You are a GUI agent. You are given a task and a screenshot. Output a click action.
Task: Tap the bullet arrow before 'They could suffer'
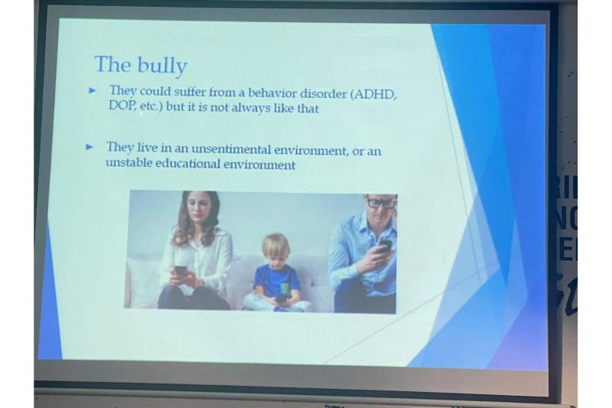tap(92, 90)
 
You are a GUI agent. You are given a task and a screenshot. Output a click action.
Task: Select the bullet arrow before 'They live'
tap(90, 147)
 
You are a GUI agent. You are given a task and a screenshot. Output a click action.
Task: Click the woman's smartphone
tap(181, 270)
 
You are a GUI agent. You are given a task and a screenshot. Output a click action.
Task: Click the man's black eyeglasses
tap(380, 203)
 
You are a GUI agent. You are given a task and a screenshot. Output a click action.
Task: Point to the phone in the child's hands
tap(281, 298)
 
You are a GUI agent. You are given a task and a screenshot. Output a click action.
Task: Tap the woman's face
tap(197, 214)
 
